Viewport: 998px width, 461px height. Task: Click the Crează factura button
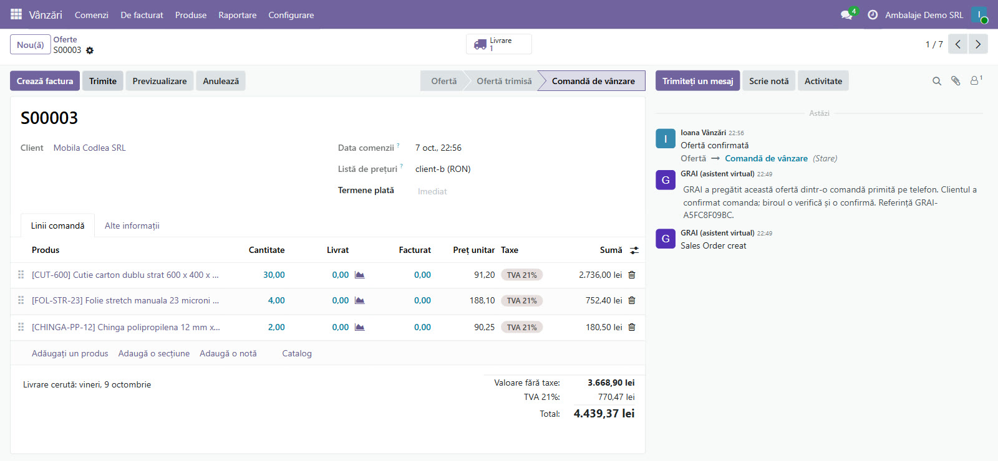tap(44, 81)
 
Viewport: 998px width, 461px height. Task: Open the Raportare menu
tap(238, 15)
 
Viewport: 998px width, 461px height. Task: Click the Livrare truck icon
tap(480, 44)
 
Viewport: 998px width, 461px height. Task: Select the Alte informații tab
tap(132, 226)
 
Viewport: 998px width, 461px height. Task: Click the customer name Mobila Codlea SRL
tap(90, 148)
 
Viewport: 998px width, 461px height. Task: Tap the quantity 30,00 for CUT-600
tap(274, 275)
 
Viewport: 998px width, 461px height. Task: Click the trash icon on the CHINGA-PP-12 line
tap(632, 327)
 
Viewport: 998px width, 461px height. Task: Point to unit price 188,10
tap(482, 300)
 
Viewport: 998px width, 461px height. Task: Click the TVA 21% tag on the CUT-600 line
tap(521, 275)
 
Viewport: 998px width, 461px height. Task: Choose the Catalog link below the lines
tap(297, 353)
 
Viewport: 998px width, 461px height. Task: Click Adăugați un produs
tap(70, 353)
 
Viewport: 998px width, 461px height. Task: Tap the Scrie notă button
tap(768, 81)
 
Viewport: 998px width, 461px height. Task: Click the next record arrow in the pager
tap(978, 44)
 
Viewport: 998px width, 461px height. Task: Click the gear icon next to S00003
tap(90, 50)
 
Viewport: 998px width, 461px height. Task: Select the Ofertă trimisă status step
tap(504, 81)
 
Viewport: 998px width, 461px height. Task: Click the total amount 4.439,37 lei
tap(604, 414)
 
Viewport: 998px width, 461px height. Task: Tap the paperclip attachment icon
tap(955, 81)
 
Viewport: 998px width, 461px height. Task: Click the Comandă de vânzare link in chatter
tap(766, 158)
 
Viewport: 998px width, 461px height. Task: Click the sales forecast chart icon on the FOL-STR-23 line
tap(359, 300)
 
